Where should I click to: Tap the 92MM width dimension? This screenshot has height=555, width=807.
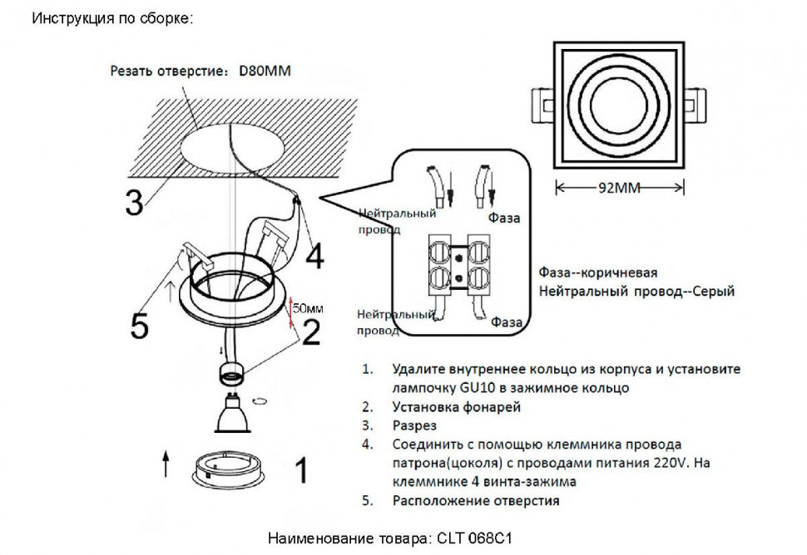(621, 188)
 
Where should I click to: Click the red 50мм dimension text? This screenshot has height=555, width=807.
(307, 308)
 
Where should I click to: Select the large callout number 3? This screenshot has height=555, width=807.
(134, 202)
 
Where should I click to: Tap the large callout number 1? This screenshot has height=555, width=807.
(302, 471)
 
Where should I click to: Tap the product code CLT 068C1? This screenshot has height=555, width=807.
(472, 538)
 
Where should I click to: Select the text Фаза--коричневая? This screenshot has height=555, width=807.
(598, 273)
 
